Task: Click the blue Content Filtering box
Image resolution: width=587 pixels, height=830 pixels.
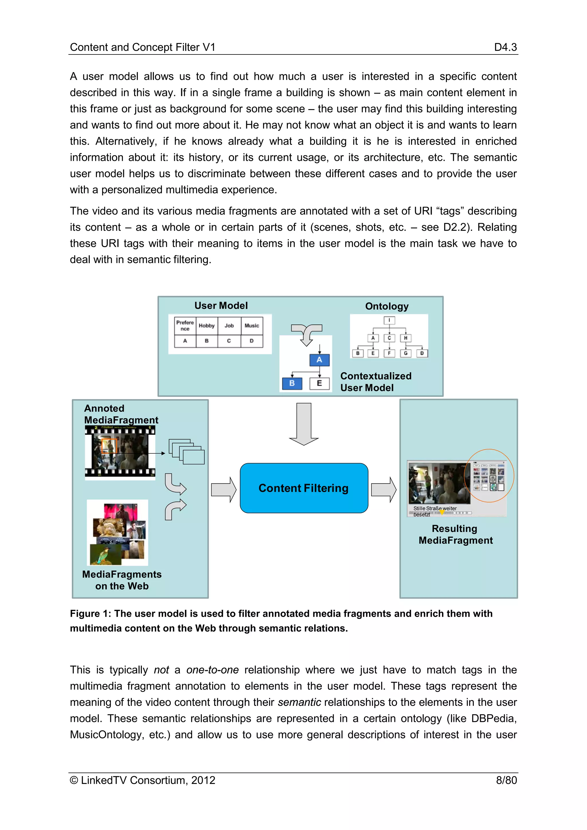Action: click(304, 488)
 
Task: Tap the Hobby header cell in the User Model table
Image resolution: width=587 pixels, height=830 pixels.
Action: click(207, 325)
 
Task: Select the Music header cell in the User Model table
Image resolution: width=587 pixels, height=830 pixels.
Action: click(252, 325)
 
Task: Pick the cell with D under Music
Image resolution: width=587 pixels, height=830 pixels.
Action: click(252, 341)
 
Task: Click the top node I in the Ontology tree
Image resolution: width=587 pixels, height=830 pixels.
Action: click(389, 320)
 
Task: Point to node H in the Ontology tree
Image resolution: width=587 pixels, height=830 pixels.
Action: click(406, 338)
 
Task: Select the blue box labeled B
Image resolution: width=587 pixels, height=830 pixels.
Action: click(292, 383)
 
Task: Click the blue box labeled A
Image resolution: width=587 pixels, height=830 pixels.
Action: click(319, 360)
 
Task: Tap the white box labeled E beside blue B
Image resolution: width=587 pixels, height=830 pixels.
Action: click(320, 383)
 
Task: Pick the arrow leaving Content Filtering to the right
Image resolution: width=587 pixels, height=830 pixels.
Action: click(383, 490)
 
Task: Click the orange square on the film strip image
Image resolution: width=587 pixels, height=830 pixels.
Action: click(109, 446)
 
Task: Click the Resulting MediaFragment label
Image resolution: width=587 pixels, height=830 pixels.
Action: click(455, 534)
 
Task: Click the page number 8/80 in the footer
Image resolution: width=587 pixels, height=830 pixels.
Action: click(506, 780)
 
